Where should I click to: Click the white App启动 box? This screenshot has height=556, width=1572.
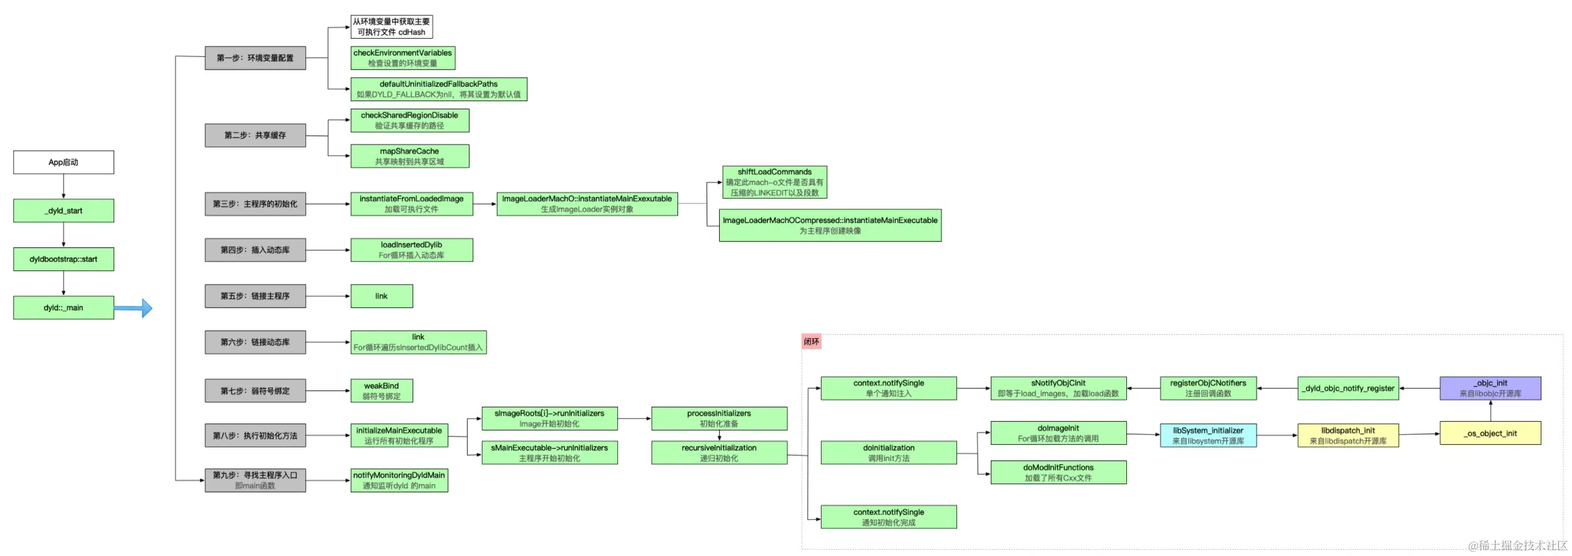64,162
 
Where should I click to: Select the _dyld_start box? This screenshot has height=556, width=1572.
64,211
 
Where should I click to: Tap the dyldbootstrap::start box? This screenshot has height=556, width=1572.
64,259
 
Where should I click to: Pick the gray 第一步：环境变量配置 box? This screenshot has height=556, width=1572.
255,58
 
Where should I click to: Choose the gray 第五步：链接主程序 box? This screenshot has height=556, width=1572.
255,296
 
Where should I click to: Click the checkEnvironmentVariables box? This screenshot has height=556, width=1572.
403,58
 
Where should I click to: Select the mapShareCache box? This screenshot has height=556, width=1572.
410,156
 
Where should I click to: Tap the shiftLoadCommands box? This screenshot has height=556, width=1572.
774,182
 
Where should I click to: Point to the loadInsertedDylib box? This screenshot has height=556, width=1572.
411,250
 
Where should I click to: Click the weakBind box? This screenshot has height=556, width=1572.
381,391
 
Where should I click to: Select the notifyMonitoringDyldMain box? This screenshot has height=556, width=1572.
399,480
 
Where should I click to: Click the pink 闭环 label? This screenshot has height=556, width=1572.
811,342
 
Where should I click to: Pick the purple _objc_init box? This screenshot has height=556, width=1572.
1490,388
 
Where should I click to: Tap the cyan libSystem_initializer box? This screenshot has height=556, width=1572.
1208,435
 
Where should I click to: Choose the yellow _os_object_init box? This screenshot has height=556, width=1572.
1490,434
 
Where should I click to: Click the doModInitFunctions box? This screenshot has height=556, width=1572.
1058,472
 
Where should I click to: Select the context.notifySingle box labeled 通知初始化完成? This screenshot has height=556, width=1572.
888,517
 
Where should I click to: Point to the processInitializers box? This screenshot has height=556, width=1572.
719,419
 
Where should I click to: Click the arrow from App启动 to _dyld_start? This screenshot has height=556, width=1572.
64,186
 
